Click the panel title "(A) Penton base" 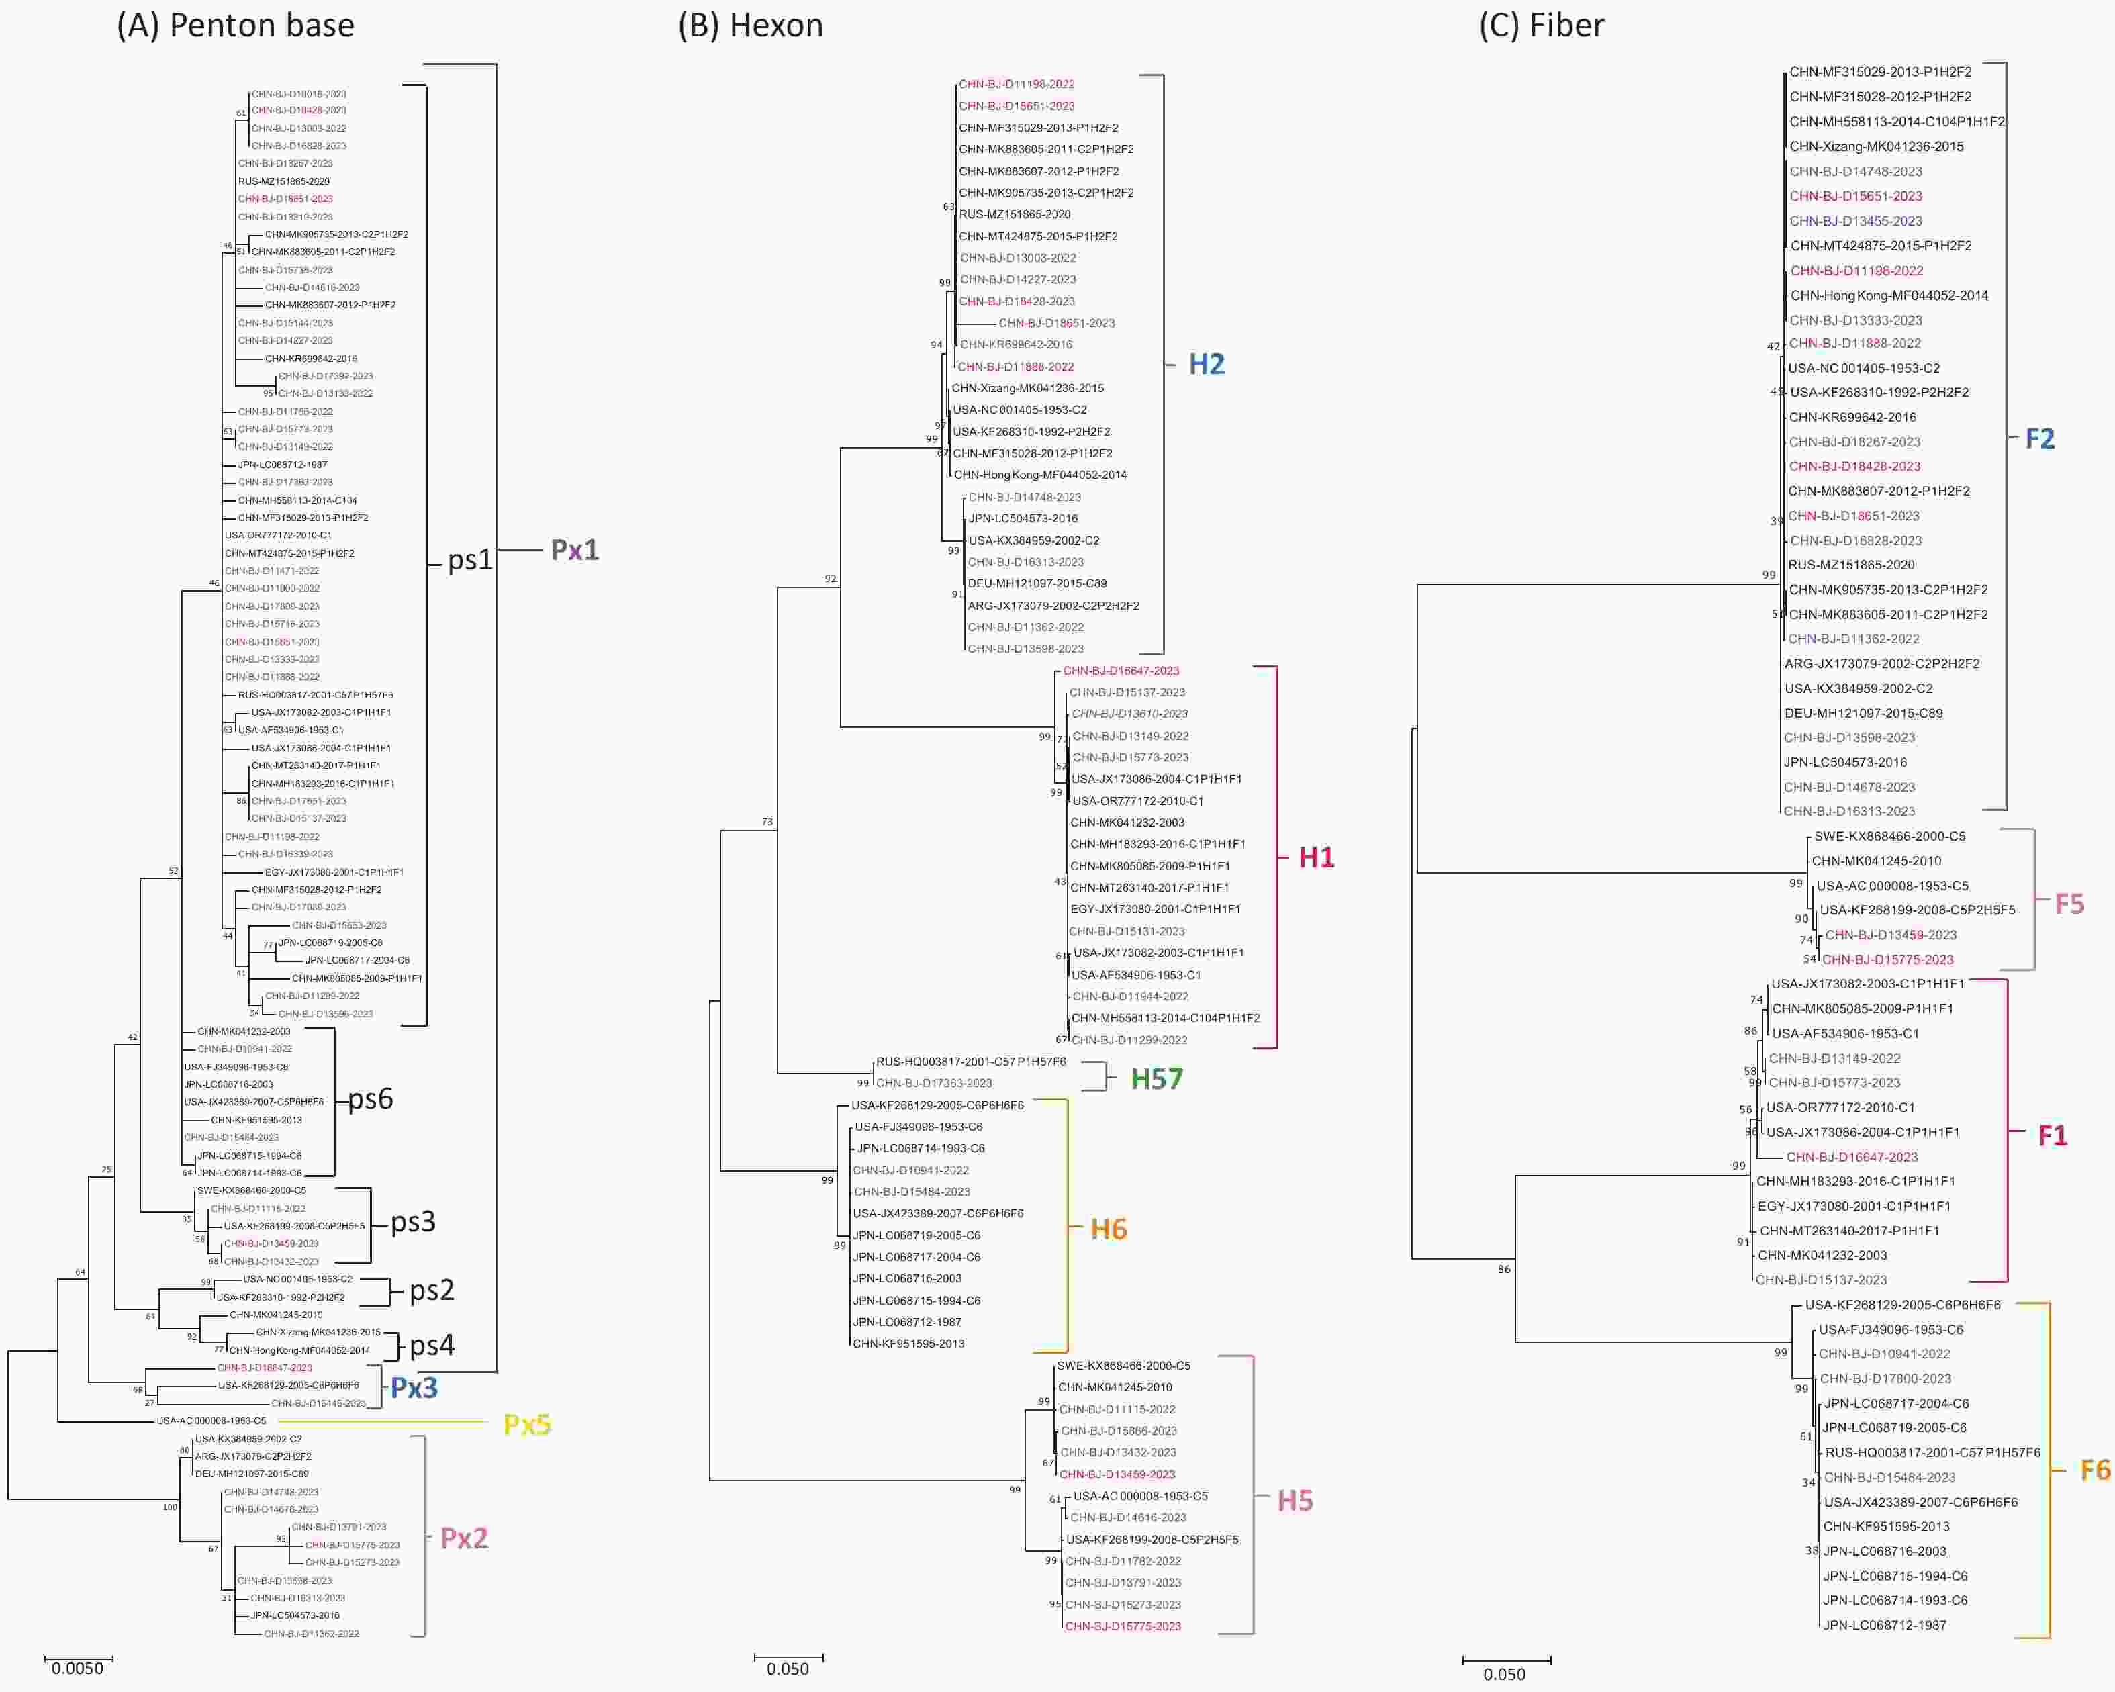[236, 26]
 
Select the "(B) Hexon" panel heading [751, 26]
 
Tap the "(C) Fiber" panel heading [1541, 26]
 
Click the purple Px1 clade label [575, 551]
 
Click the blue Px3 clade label [414, 1388]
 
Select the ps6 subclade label [371, 1098]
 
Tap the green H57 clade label [1157, 1079]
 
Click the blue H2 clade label [1207, 364]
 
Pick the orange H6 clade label [1109, 1229]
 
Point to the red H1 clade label [1317, 857]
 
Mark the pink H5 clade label [1295, 1501]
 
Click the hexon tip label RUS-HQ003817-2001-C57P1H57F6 [970, 1062]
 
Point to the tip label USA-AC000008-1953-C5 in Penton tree [211, 1420]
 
